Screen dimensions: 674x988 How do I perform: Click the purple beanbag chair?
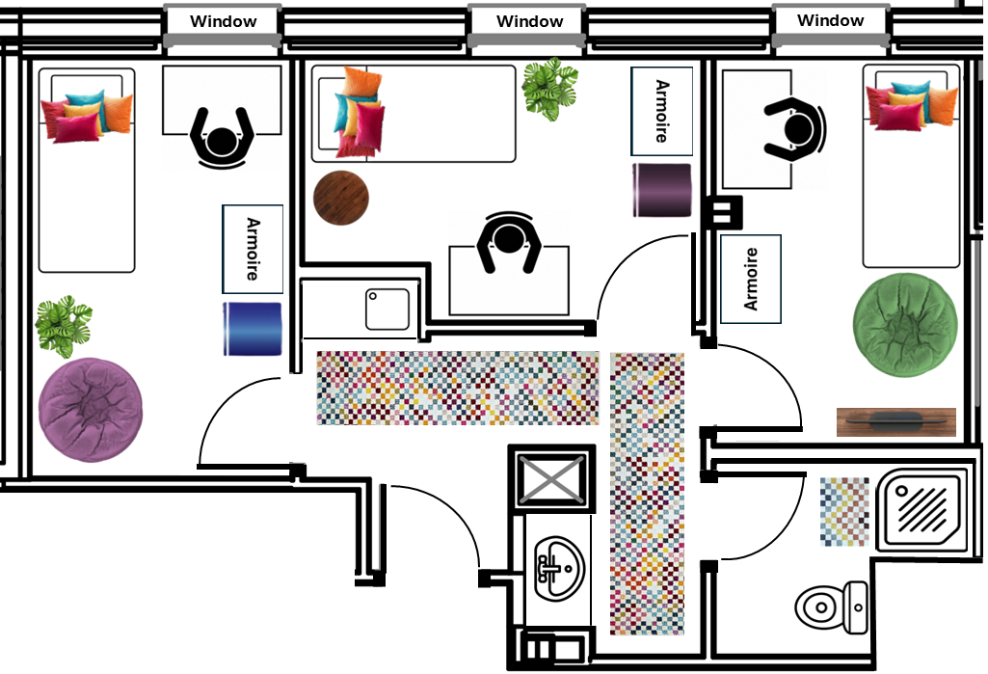[x=92, y=410]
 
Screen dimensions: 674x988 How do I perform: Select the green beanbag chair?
[x=905, y=325]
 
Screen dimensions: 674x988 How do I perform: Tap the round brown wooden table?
[x=341, y=199]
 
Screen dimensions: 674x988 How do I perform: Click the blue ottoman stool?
[x=252, y=329]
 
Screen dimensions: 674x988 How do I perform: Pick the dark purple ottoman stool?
[x=662, y=190]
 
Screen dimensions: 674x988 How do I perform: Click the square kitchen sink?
[x=387, y=310]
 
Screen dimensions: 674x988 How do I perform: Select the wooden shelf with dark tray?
[x=895, y=421]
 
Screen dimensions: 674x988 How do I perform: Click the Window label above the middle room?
[x=529, y=21]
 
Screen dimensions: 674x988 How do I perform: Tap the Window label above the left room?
[x=224, y=21]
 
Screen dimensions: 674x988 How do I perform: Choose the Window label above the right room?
[x=831, y=20]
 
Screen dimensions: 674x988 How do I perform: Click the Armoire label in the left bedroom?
[x=253, y=249]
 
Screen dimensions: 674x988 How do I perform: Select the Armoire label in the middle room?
[x=661, y=111]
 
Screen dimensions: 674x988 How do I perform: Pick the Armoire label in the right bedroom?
[x=751, y=279]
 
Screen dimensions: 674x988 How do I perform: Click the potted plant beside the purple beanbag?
[x=64, y=325]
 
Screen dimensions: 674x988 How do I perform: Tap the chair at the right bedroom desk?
[x=796, y=128]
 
